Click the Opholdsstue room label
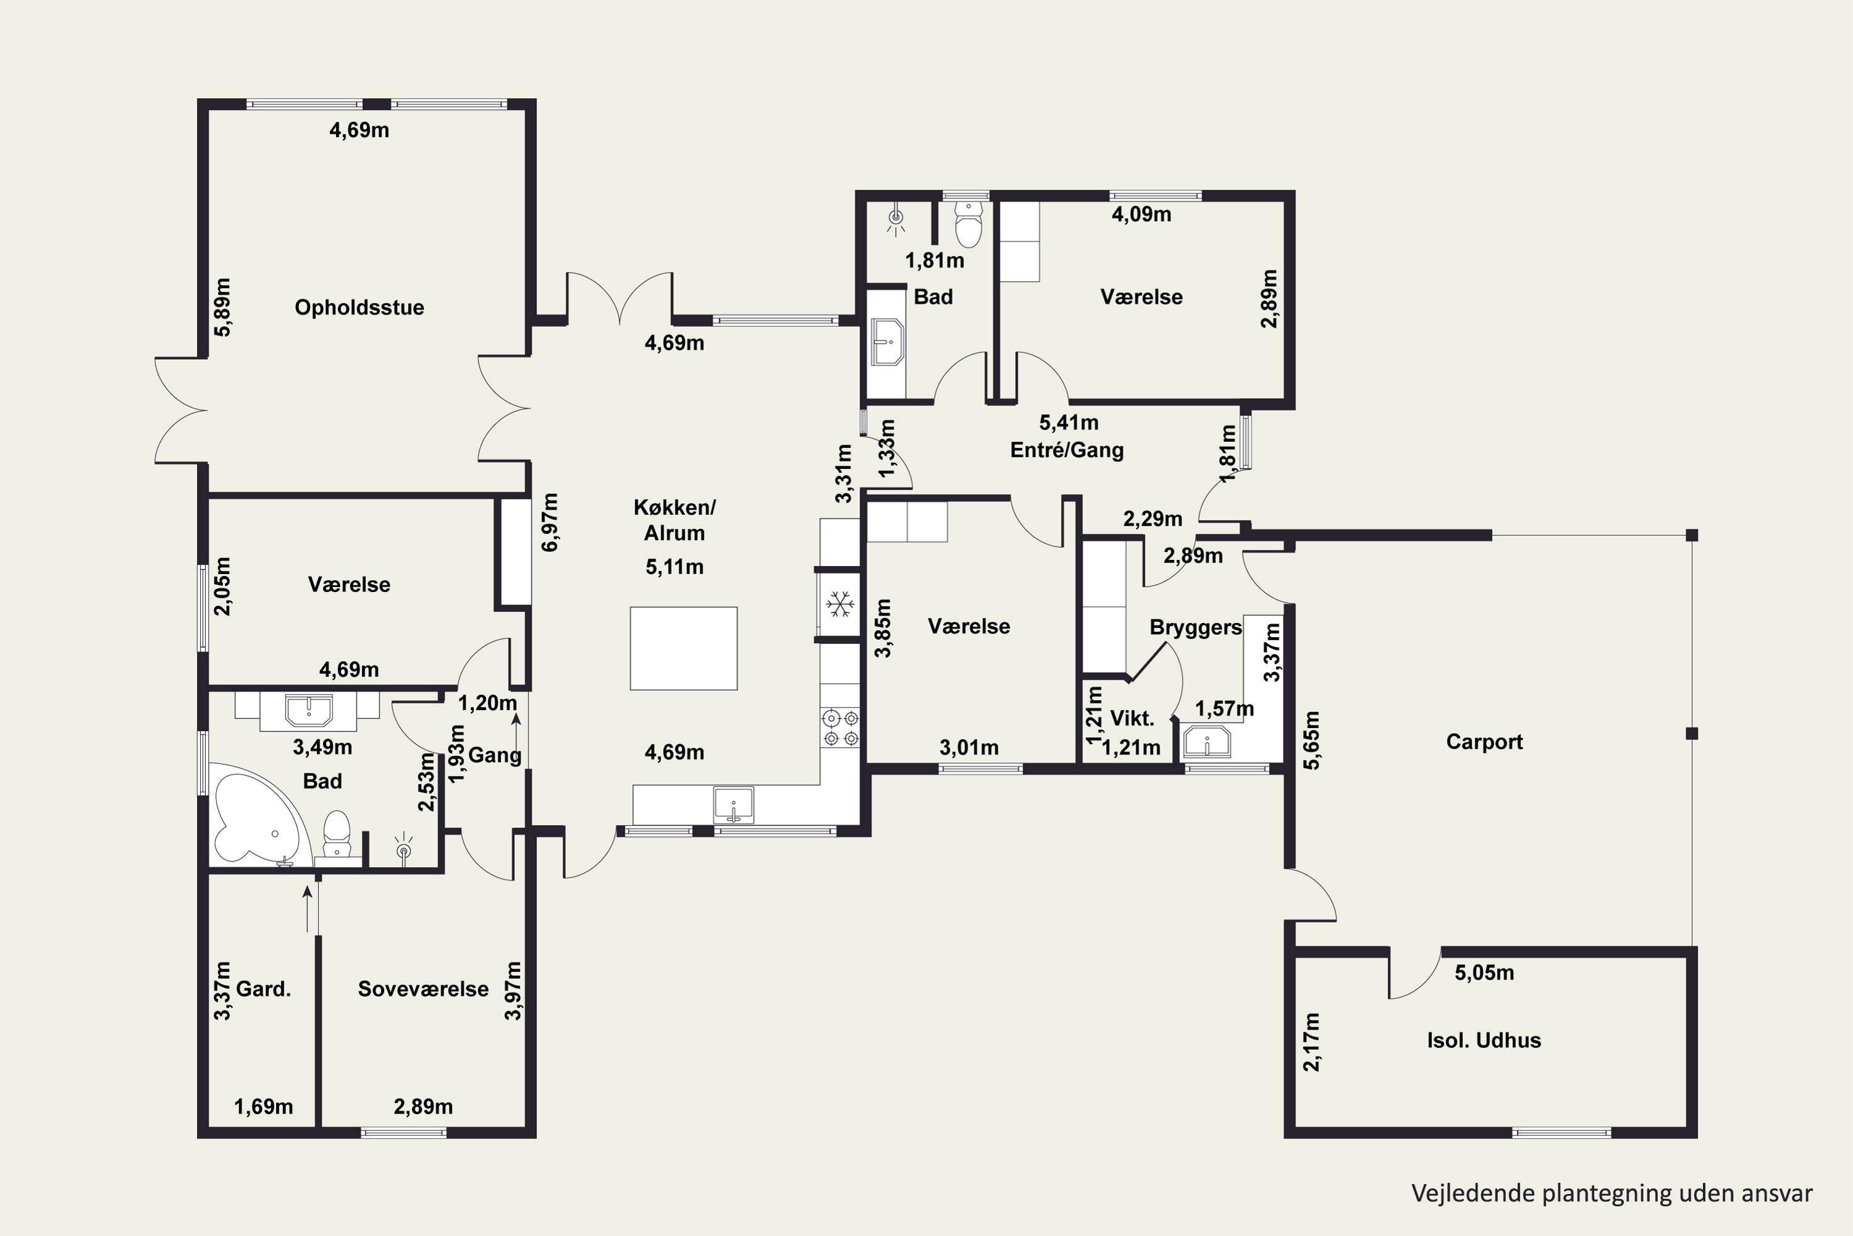[359, 307]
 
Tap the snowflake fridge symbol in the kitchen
[840, 604]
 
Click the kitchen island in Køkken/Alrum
[683, 648]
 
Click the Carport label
[1484, 742]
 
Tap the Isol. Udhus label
[1484, 1041]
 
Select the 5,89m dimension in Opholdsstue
[223, 307]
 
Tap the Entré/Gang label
[1067, 450]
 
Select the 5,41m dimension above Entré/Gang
[1069, 423]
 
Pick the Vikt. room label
[1132, 718]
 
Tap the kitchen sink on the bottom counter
[734, 805]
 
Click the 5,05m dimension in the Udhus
[1484, 973]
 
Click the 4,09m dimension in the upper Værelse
[1141, 214]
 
